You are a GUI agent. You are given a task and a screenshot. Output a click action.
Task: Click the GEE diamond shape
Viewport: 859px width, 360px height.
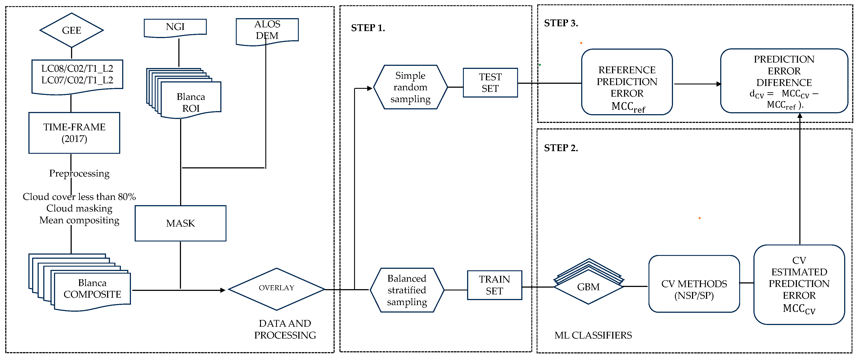point(71,30)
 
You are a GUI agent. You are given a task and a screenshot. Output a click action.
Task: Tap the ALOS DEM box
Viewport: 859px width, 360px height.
point(267,30)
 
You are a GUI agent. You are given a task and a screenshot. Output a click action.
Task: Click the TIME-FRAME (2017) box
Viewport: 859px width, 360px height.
point(74,133)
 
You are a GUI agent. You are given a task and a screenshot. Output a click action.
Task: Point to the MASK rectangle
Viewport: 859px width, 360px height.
point(180,223)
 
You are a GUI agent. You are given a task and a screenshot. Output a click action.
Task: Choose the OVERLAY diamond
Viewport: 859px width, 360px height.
point(276,288)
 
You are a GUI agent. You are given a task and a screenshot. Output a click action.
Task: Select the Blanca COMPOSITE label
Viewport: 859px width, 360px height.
point(92,289)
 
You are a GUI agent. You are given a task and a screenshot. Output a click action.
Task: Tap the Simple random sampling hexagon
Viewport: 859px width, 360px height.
point(410,87)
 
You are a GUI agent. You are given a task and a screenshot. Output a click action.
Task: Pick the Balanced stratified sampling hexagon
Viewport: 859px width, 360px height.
point(407,290)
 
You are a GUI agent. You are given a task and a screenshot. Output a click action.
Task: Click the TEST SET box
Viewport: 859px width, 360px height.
point(490,83)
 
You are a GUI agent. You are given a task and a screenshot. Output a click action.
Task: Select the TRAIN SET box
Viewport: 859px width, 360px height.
point(494,285)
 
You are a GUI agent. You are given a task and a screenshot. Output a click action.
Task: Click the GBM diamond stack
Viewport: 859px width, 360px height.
point(589,286)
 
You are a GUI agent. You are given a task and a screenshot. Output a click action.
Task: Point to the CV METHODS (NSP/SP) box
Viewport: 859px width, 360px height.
point(694,289)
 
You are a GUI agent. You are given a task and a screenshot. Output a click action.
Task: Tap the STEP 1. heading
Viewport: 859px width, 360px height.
point(368,28)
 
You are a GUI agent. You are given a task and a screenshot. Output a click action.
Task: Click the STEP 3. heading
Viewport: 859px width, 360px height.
point(561,23)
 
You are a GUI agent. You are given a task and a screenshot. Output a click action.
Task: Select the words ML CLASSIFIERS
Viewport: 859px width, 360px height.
point(593,335)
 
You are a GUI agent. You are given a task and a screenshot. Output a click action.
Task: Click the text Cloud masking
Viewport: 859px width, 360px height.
point(79,208)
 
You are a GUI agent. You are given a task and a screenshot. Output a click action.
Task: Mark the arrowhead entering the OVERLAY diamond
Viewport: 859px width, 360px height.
point(223,290)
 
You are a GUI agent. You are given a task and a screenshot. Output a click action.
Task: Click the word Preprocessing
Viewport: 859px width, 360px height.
point(79,173)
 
